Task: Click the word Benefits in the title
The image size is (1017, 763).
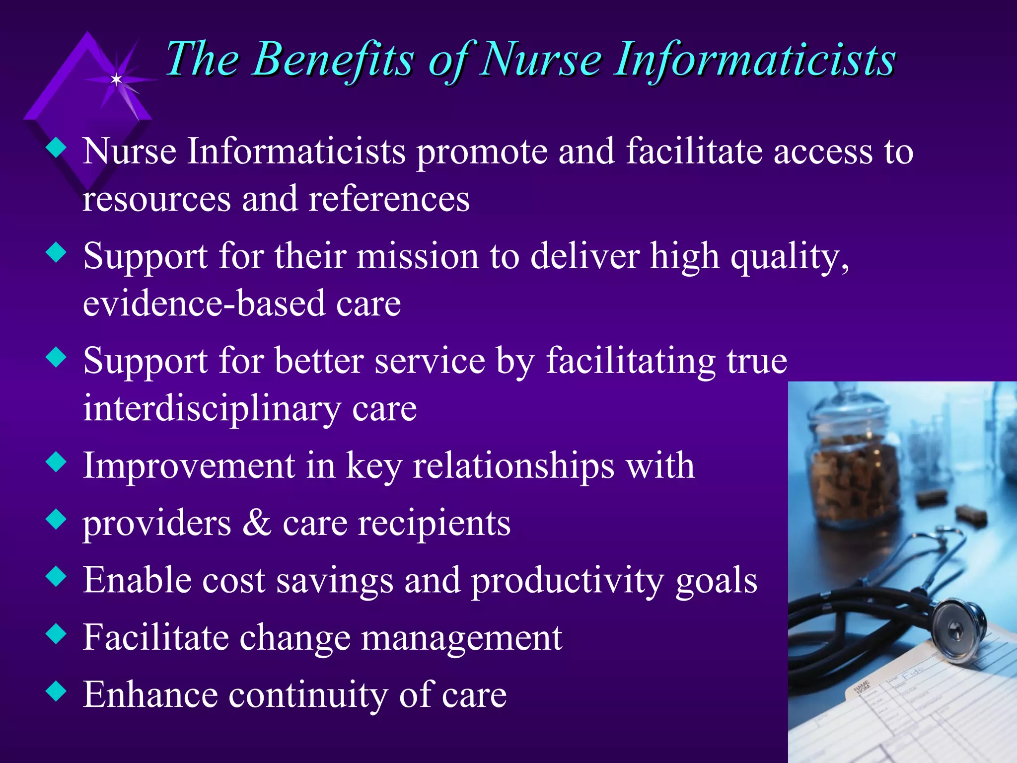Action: [x=333, y=60]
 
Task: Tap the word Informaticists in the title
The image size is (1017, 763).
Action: [x=755, y=60]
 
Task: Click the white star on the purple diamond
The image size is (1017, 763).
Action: [x=116, y=79]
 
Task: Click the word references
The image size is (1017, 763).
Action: [x=389, y=199]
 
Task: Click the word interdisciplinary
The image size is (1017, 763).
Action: [x=212, y=409]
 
